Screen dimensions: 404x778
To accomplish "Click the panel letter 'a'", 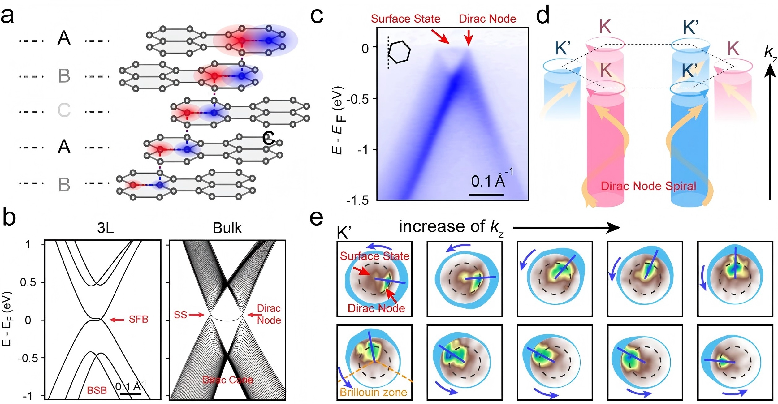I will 7,16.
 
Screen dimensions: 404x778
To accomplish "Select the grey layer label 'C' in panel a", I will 64,110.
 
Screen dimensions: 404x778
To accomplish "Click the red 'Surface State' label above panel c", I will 405,19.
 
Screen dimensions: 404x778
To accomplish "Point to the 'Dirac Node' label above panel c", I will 487,19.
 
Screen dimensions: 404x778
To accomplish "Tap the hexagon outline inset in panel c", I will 399,52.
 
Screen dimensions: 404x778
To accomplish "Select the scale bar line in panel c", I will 486,195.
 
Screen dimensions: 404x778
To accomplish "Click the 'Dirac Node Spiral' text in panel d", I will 648,186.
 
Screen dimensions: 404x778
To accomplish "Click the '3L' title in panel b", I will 105,228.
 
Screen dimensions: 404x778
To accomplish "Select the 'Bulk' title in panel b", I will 227,228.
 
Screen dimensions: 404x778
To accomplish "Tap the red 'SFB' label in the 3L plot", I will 138,319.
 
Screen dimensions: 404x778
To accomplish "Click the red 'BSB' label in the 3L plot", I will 97,390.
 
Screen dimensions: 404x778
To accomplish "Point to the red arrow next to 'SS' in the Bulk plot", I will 196,315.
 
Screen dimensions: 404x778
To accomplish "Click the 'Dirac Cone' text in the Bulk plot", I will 228,380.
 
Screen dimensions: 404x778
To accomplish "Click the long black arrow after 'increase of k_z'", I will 566,228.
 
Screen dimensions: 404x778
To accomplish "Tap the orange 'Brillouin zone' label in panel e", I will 373,392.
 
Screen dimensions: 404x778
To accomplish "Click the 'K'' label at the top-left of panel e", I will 344,233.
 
